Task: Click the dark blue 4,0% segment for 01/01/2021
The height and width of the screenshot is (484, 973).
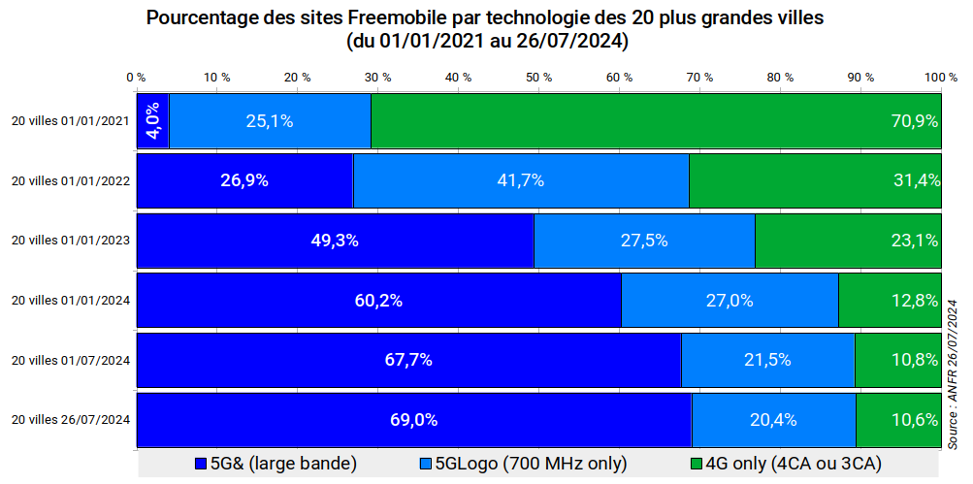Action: [x=152, y=121]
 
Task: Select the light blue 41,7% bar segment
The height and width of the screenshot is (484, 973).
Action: [x=521, y=180]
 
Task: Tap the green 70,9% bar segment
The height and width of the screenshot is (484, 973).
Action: [x=656, y=121]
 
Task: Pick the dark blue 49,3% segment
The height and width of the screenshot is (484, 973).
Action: [x=335, y=241]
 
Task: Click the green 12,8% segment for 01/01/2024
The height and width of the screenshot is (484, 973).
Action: [x=890, y=301]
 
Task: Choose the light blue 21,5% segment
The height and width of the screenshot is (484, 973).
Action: [x=767, y=360]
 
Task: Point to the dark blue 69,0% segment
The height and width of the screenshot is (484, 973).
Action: [x=413, y=420]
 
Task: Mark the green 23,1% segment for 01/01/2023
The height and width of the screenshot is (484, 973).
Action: [x=848, y=241]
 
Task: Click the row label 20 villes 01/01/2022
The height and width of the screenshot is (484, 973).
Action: [x=70, y=181]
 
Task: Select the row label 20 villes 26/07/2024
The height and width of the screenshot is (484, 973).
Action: [x=70, y=420]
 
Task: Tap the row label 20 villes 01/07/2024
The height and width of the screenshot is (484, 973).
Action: [x=70, y=361]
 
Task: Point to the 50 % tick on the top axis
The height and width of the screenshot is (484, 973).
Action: [x=538, y=77]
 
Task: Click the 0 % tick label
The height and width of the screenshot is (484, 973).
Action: [x=136, y=77]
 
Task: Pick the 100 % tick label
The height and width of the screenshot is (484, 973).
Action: [x=940, y=77]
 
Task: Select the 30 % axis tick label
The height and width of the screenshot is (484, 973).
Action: [x=377, y=77]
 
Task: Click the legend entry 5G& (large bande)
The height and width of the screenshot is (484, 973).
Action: [x=276, y=464]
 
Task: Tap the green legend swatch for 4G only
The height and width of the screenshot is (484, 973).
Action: [x=695, y=464]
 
